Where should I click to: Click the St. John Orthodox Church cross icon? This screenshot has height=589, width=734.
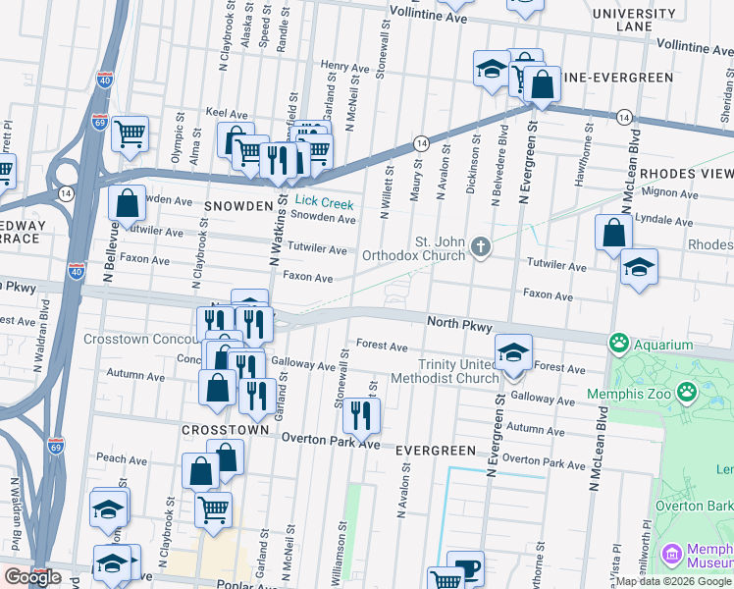pos(480,245)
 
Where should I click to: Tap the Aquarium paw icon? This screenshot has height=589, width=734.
pos(619,345)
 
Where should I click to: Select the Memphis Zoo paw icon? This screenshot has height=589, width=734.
pos(687,394)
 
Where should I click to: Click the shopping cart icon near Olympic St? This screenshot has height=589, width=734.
pos(130,134)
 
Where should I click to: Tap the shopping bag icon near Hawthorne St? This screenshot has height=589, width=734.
pos(613,234)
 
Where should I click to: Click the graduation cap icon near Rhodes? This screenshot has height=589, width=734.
pos(639,267)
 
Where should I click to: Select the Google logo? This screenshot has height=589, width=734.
pos(32,577)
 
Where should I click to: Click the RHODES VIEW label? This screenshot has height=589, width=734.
pos(687,173)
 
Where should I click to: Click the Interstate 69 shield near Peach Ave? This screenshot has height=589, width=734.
pos(56,447)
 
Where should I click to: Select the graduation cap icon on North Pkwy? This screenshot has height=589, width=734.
pos(513,352)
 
